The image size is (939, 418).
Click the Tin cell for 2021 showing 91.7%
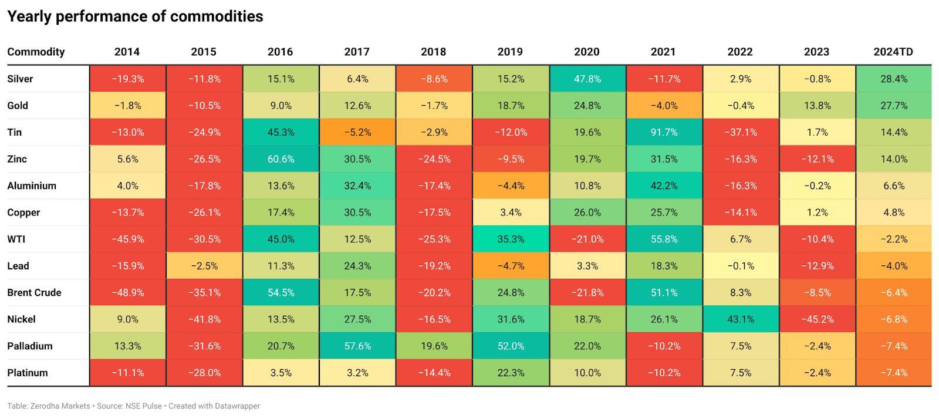coord(664,132)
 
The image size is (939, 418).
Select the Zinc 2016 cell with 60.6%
coord(281,159)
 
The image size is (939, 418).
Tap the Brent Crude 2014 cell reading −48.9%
coord(127,292)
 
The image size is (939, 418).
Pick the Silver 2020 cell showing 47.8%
coord(587,79)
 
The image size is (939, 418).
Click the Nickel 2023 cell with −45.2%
coord(817,319)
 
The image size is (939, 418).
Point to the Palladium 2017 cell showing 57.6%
coord(357,346)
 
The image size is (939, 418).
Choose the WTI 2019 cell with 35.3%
coord(511,239)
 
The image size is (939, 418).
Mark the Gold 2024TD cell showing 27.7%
coord(894,106)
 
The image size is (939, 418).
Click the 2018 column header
coord(433,52)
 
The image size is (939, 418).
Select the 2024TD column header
coord(893,52)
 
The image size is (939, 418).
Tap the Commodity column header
coord(36,52)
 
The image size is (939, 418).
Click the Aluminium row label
coord(32,186)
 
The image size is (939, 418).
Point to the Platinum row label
coord(28,373)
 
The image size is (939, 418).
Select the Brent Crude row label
coord(34,292)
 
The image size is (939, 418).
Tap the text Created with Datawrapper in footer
coord(214,406)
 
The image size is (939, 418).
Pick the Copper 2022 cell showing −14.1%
coord(741,213)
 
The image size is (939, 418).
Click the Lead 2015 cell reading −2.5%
coord(204,266)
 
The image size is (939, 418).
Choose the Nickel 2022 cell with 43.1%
coord(741,319)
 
